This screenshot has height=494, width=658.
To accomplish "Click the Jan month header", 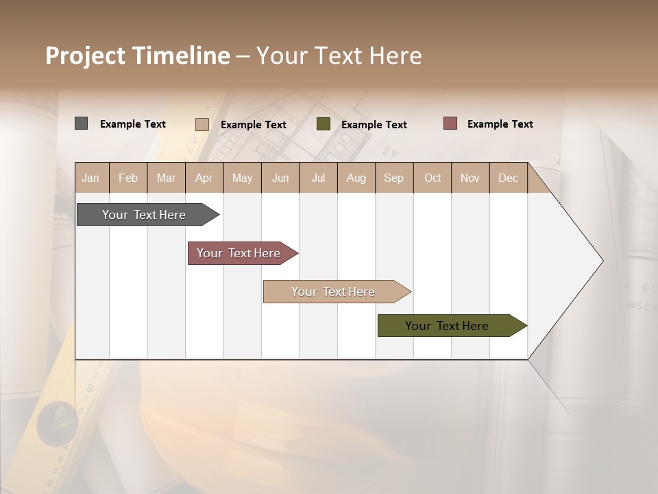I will tap(90, 178).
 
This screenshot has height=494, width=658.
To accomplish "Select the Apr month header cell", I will tap(204, 178).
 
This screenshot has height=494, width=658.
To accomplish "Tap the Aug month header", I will tap(356, 178).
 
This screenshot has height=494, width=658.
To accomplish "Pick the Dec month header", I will tap(508, 178).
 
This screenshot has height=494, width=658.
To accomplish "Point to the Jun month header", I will tap(280, 178).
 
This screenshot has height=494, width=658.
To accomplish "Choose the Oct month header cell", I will tap(432, 178).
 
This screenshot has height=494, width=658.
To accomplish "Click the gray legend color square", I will tap(81, 123).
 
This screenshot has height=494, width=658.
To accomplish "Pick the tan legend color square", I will tap(202, 124).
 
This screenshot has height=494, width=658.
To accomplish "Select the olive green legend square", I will tap(324, 123).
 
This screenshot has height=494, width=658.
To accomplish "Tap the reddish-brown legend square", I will tap(450, 123).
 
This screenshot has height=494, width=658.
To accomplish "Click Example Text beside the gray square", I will tap(133, 124).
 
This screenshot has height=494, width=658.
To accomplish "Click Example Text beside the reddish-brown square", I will tap(500, 124).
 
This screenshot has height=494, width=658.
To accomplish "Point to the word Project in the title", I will tap(86, 56).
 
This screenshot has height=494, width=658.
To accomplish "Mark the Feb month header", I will tap(128, 178).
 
